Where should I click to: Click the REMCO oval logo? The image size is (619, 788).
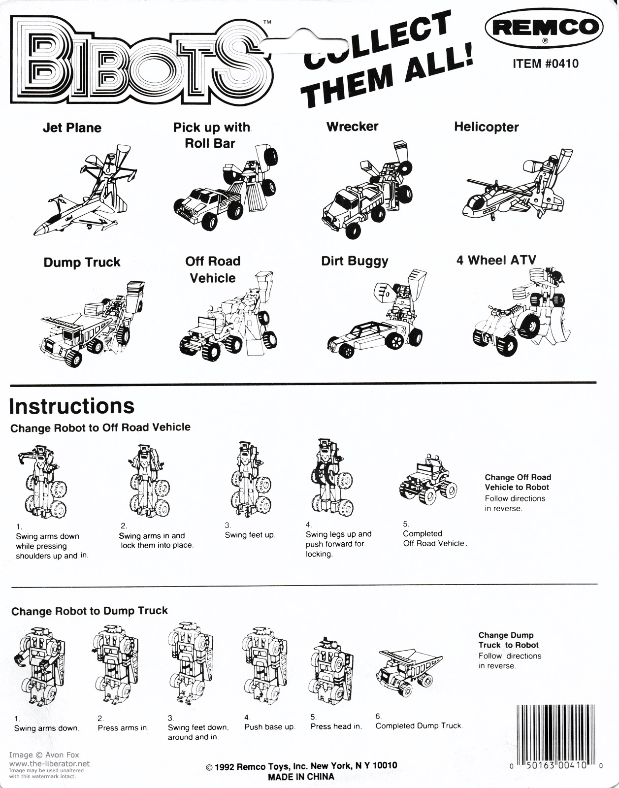[x=544, y=28]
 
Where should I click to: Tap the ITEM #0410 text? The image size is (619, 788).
[x=546, y=64]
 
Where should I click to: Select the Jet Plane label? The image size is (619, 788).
[x=72, y=128]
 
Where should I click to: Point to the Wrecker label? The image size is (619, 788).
[x=352, y=127]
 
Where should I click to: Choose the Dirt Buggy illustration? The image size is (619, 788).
[x=377, y=314]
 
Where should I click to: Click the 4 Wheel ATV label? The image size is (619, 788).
[x=496, y=260]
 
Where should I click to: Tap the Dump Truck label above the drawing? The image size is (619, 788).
[x=82, y=262]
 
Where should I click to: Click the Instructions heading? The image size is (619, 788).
[x=72, y=406]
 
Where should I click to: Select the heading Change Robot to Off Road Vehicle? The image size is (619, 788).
[x=100, y=427]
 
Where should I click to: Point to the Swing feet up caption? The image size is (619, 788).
[x=250, y=535]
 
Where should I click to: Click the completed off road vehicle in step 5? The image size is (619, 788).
[x=428, y=479]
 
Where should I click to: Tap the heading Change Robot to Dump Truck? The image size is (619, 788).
[x=90, y=611]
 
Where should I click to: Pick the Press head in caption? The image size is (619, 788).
[x=336, y=726]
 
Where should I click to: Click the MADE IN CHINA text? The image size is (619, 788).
[x=301, y=776]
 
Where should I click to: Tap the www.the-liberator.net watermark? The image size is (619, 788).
[x=49, y=763]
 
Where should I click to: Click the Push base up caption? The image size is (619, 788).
[x=270, y=727]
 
